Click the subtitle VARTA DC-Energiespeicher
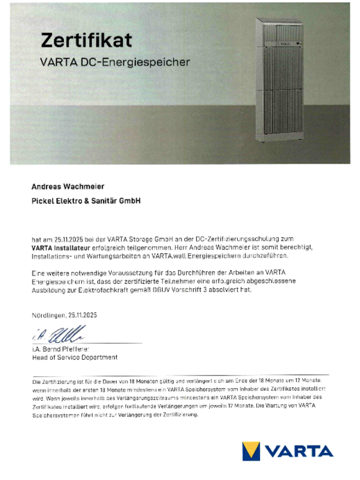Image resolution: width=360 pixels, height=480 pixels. [x=115, y=62]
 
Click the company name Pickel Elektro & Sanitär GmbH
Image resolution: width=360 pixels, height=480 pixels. [x=86, y=202]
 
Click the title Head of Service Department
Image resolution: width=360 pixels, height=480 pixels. [x=74, y=358]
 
